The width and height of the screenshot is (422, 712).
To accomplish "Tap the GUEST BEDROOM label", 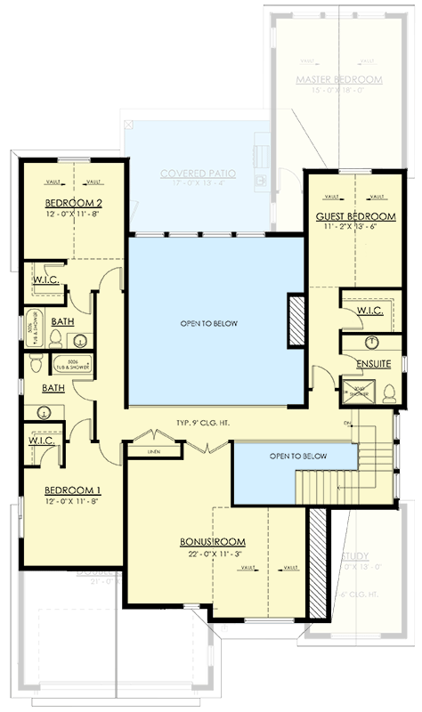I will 355,216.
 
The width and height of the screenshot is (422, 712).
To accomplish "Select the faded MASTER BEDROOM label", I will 338,80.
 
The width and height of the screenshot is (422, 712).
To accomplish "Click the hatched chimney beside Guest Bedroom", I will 296,320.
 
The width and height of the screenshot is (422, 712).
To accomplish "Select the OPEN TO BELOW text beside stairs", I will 298,457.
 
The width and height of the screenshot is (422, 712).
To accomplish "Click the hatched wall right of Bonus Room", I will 318,552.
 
